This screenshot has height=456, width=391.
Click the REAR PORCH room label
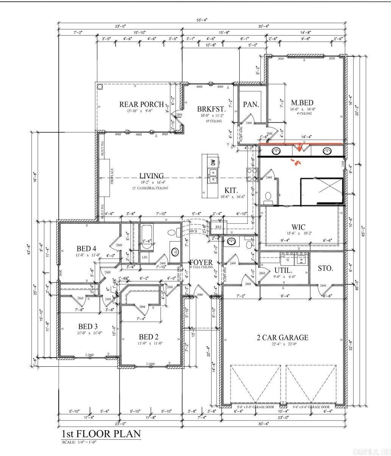coord(142,104)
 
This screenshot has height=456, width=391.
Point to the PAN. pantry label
coord(251,104)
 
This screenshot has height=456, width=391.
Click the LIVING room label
coord(151,176)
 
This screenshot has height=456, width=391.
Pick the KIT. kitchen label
coord(231,190)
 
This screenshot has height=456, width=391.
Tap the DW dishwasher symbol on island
coord(213,162)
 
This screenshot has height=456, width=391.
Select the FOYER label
coord(201,262)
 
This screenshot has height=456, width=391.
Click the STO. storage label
coord(325,268)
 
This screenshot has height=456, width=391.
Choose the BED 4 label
coord(86,248)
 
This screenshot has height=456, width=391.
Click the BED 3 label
coord(88,326)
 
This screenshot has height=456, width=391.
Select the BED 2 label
coord(148,337)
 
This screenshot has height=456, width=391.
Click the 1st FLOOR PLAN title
coord(101,433)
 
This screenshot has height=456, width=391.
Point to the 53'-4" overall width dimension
coord(201,20)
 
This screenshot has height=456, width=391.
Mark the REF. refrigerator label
coord(219,227)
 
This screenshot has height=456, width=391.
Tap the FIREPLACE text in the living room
coord(112,176)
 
